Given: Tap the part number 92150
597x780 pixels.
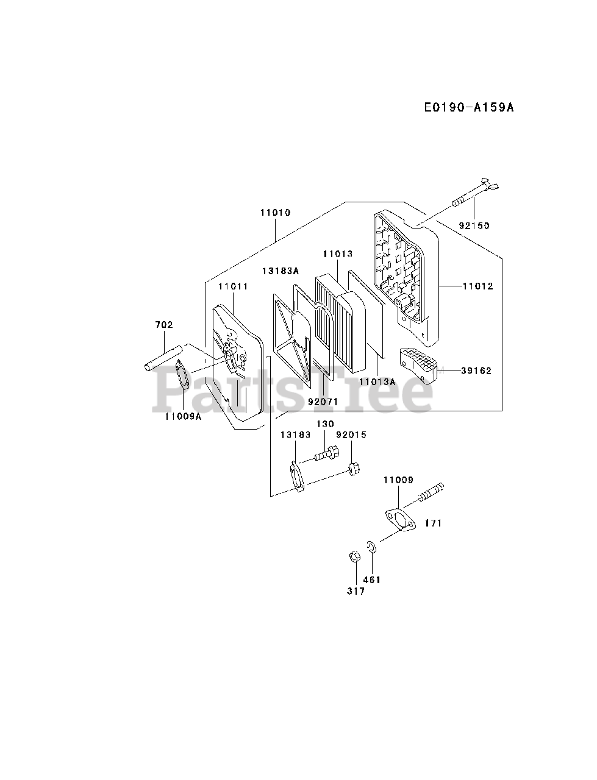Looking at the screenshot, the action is (x=474, y=225).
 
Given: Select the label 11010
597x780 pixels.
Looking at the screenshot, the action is (x=275, y=213).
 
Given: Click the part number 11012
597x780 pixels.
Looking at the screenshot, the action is (x=477, y=286).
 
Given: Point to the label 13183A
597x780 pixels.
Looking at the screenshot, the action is (x=281, y=271).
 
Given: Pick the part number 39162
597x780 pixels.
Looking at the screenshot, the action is (x=476, y=370).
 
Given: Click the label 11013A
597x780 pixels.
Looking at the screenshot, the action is (x=377, y=381).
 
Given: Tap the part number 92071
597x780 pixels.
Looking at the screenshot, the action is (x=323, y=402).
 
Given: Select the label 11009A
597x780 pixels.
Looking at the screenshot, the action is (x=183, y=417).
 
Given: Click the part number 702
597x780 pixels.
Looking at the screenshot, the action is (x=164, y=325).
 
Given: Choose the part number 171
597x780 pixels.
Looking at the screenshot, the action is (x=434, y=523).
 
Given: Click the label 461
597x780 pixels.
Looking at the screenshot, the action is (x=371, y=580).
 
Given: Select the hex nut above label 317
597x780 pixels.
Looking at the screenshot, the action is (x=354, y=557).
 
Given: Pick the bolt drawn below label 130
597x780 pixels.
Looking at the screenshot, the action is (x=326, y=455).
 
